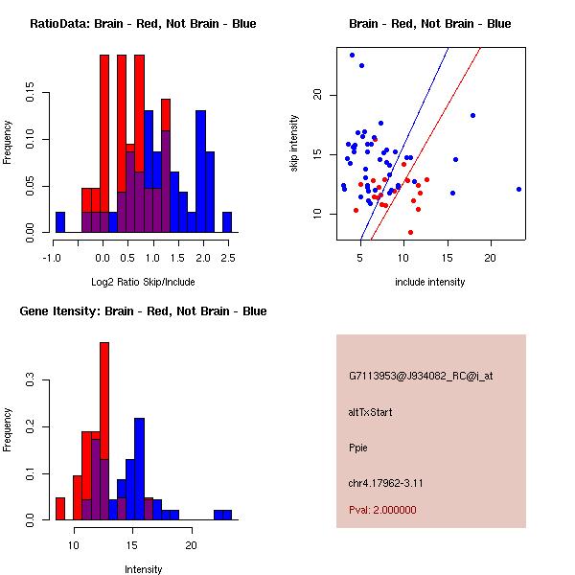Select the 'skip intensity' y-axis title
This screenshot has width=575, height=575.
coord(294,144)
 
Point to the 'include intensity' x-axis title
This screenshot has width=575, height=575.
coord(430,282)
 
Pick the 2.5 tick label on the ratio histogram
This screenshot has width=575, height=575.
coord(227,258)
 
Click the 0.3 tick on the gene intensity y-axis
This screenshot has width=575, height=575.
coord(31,380)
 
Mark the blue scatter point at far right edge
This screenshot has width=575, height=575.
coord(518,189)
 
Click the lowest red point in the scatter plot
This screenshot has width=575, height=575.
coord(410,232)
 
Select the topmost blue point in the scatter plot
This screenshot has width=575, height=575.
coord(352,55)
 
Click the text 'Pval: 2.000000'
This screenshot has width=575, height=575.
coord(382,510)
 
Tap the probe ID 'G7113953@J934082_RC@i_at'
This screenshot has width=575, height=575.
coord(421,377)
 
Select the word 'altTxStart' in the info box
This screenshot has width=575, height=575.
coord(370,412)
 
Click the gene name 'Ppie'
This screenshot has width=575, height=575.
coord(358,448)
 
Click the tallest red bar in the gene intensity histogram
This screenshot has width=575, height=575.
coord(104,431)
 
